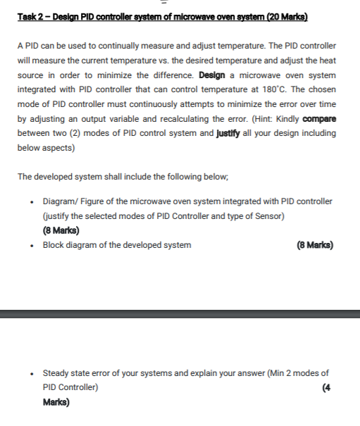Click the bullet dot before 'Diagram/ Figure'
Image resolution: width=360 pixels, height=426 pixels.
coord(33,201)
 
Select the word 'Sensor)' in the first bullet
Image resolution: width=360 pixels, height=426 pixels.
coord(268,216)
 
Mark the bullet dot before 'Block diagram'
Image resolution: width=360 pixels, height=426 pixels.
coord(33,246)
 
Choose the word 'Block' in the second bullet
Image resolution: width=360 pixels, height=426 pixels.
coord(54,245)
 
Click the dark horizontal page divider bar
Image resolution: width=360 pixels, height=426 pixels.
coord(180,314)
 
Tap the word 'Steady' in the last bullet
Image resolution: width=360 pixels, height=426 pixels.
coord(57,373)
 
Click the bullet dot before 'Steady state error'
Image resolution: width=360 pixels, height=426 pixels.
coord(33,374)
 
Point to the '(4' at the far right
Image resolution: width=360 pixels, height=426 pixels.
coord(325,388)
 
